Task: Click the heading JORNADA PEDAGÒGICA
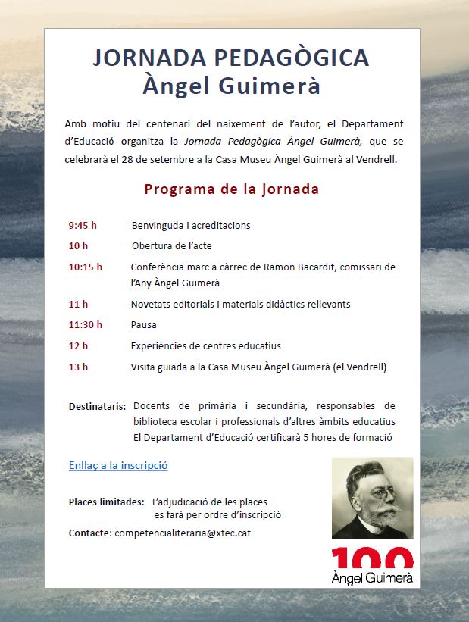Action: [231, 58]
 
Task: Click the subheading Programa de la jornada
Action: [231, 189]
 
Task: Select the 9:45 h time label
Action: [83, 226]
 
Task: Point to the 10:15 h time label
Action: [85, 267]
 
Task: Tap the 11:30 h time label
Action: [85, 325]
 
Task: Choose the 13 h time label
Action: [78, 367]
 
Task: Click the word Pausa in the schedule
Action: [144, 325]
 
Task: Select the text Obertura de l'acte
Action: [171, 246]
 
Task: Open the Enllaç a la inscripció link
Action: [117, 465]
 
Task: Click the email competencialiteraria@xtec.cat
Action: [183, 533]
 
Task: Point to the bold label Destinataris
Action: [98, 406]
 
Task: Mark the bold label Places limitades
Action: [106, 502]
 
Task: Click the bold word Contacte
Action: [90, 533]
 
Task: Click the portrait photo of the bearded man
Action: [372, 499]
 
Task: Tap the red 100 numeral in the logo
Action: [372, 558]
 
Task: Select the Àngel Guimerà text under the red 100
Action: [372, 578]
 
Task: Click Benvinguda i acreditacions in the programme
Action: [191, 226]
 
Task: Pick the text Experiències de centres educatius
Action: [205, 346]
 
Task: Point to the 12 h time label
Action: [78, 346]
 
